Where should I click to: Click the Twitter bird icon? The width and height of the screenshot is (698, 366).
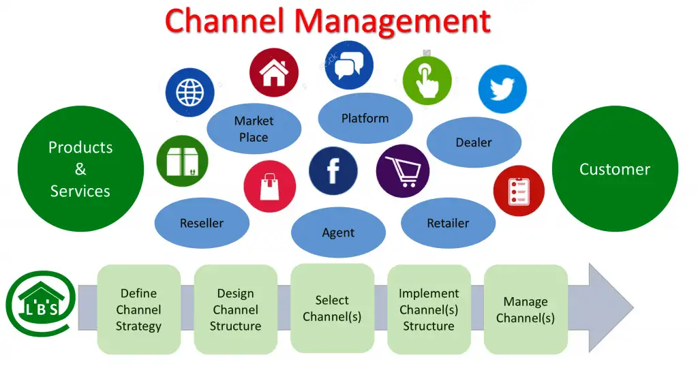tap(502, 89)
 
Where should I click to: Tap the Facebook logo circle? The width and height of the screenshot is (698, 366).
tap(333, 171)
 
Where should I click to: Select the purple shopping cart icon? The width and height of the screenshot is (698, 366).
tap(403, 171)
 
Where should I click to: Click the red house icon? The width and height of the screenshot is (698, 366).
tap(274, 72)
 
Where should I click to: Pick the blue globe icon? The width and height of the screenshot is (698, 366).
tap(190, 93)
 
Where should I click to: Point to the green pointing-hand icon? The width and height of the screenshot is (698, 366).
tap(427, 80)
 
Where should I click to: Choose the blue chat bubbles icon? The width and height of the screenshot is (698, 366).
tap(348, 65)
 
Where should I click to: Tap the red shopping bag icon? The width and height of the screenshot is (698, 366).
tap(270, 187)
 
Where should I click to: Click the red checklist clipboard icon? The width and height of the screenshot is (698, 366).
tap(519, 191)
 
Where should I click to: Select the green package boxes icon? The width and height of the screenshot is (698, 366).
tap(183, 161)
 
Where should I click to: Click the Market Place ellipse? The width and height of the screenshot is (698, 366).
tap(254, 129)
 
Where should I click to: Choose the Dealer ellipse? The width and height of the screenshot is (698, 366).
tap(474, 142)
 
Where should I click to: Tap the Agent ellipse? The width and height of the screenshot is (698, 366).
tap(338, 232)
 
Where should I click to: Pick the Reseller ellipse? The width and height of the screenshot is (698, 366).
tap(202, 223)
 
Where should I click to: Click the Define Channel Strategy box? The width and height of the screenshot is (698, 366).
tap(139, 309)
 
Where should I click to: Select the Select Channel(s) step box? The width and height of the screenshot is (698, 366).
tap(332, 308)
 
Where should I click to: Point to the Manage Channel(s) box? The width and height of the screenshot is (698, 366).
tap(526, 309)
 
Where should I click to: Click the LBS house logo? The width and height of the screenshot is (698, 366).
tap(40, 303)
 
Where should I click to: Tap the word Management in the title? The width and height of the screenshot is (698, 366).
tap(393, 21)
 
